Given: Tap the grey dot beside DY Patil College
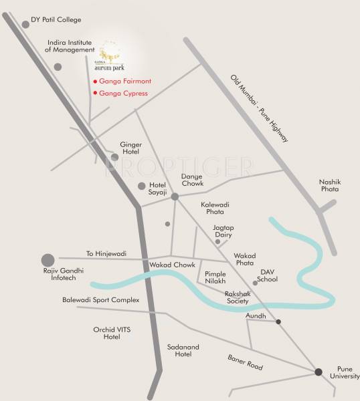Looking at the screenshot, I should point(25,24).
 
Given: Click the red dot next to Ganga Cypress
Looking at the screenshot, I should point(95,93).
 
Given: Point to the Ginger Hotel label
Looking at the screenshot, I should point(131,148).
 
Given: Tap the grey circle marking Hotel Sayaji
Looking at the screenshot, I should point(141,186).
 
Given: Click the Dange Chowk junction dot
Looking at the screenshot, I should point(175,196).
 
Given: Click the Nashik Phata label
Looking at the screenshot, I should point(330,185).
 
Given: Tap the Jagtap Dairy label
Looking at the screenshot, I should point(223,231).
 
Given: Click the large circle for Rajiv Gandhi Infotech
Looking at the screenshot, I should point(48,259).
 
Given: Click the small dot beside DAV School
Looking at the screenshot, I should point(255,283).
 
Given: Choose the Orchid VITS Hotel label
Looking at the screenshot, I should point(106,333).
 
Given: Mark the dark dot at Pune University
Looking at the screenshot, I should point(319,372).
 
